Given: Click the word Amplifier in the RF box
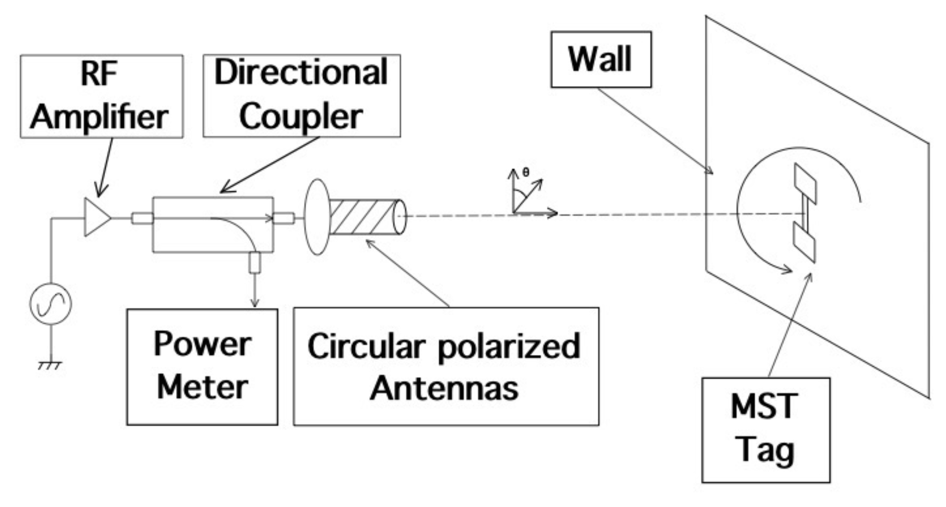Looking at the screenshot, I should pos(99,117).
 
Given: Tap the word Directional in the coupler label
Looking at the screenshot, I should pos(301,73).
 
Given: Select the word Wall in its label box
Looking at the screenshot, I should pos(600,60).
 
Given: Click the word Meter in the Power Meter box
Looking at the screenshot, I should pos(202,387).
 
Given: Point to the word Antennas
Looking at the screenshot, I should pos(444,388).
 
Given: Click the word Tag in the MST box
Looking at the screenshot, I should pos(766,450).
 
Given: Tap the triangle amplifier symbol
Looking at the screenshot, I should pos(96,217).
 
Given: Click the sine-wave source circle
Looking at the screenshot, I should pos(51,303).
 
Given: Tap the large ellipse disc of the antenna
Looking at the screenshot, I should pos(317,217).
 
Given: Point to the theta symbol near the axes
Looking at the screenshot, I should pos(526,172).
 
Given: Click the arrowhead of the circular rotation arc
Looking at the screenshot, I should pos(787,269).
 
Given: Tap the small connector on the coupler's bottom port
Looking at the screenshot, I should pos(255,262).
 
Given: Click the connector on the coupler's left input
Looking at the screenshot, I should pos(142,219).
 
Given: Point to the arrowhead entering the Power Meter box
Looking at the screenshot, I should pos(255,303).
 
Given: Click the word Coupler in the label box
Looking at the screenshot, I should pos(301,117).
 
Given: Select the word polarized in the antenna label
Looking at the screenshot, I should pos(509,347).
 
